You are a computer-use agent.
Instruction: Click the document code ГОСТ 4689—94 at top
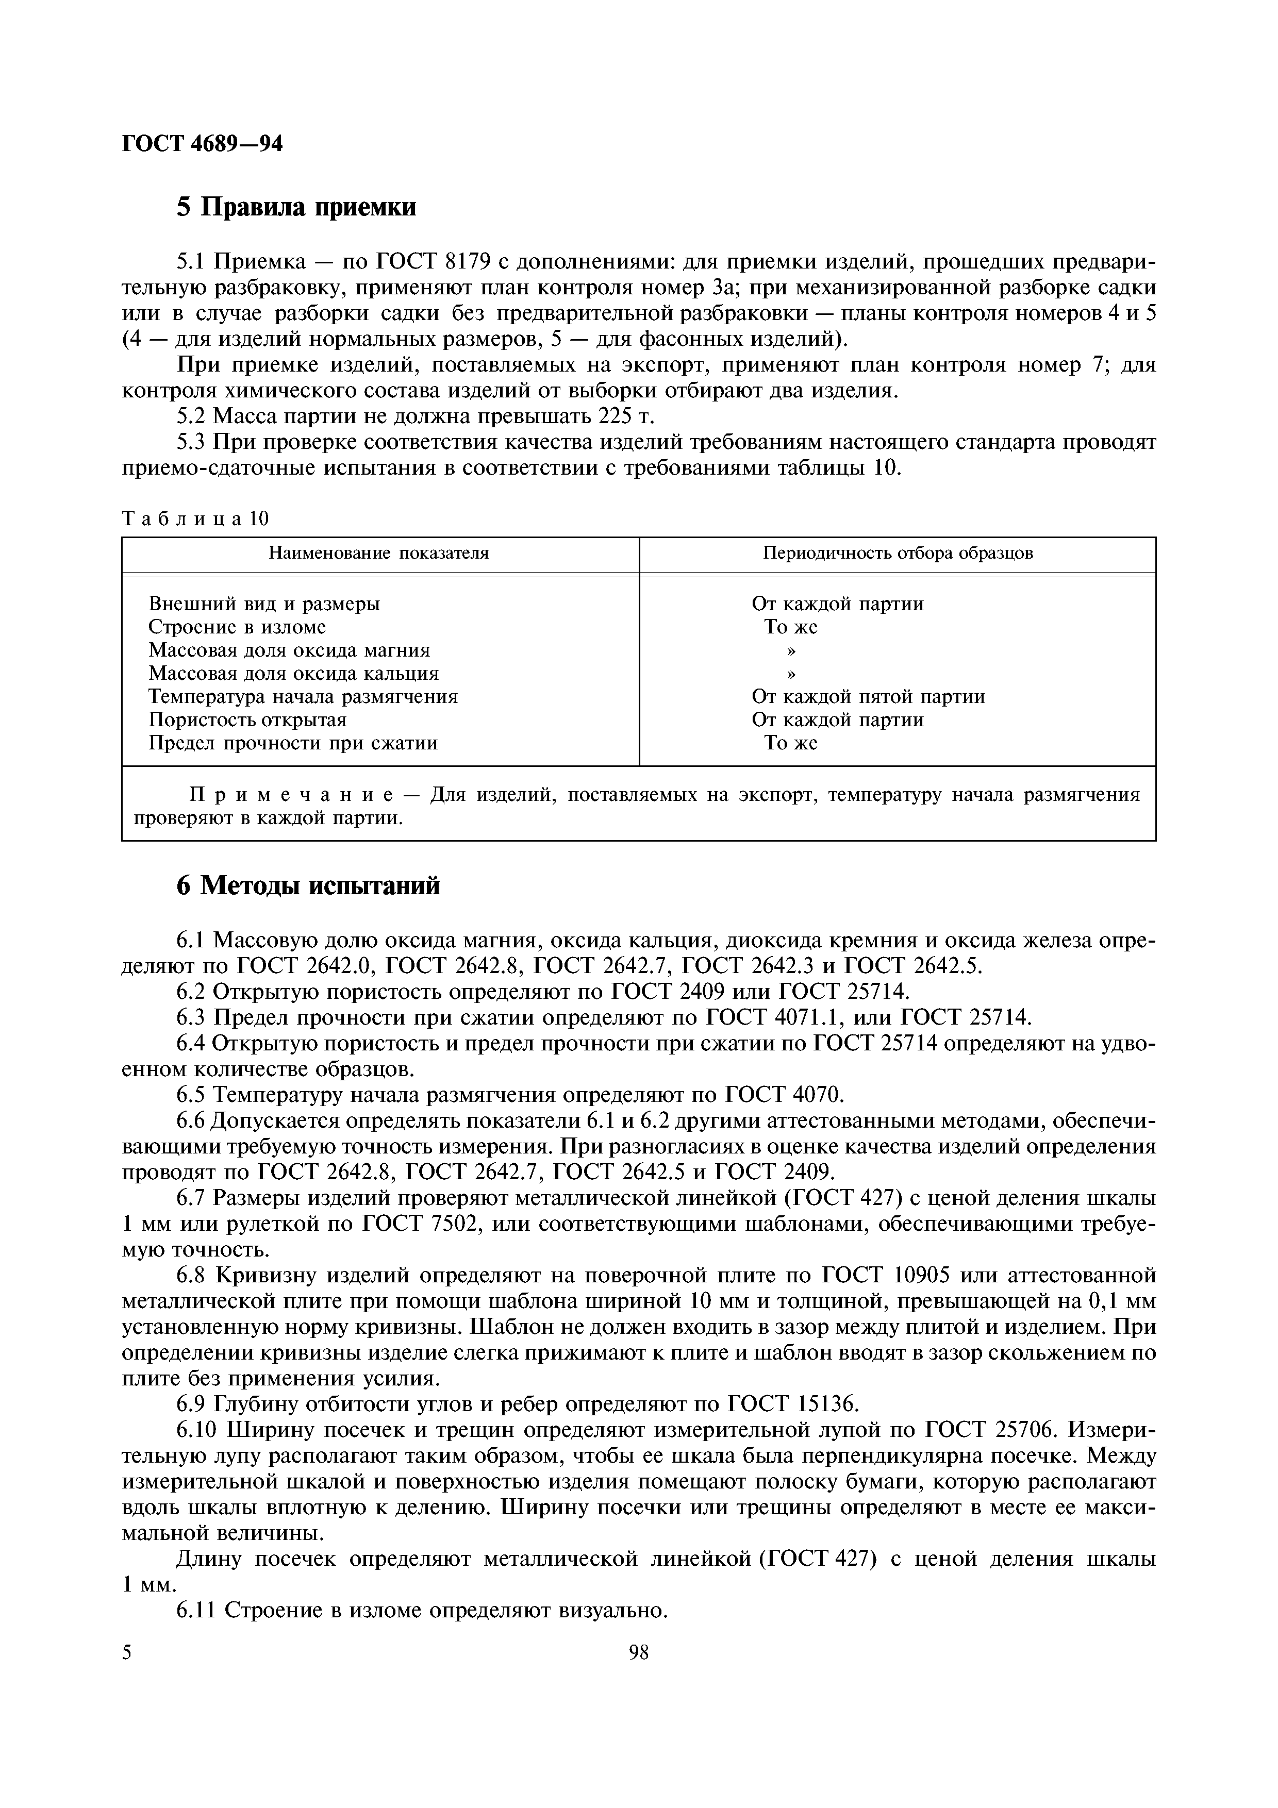(x=203, y=144)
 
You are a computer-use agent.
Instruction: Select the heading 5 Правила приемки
(x=296, y=207)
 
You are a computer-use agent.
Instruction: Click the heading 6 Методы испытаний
(x=308, y=886)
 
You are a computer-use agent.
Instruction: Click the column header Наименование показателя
(x=379, y=554)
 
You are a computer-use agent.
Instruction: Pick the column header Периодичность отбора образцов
(x=898, y=554)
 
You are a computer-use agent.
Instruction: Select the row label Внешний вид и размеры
(x=264, y=604)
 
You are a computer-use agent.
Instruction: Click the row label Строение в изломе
(x=237, y=627)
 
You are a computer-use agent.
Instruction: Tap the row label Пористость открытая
(x=247, y=719)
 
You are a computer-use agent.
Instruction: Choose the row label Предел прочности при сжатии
(x=293, y=743)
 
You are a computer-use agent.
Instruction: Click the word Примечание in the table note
(x=280, y=795)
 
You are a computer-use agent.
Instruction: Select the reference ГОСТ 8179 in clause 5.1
(x=434, y=262)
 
